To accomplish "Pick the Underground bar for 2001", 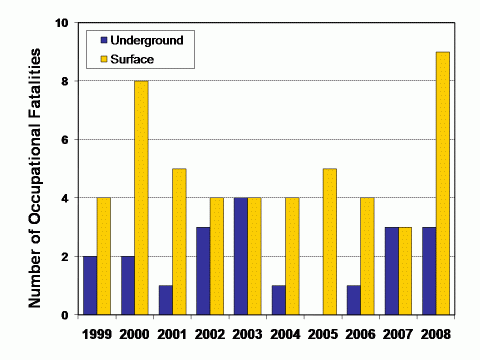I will tap(165, 300).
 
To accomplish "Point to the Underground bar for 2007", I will tap(390, 271).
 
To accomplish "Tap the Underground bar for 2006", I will tap(352, 300).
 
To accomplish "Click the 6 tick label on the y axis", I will tap(64, 139).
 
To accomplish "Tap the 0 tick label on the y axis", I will tap(64, 315).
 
